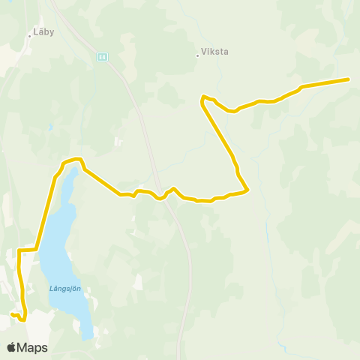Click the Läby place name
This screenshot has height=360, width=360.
click(x=43, y=33)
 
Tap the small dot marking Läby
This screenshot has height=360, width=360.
click(x=29, y=34)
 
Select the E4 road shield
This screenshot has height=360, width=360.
click(x=100, y=56)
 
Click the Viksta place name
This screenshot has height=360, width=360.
click(x=214, y=53)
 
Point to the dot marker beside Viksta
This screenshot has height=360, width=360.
click(x=198, y=54)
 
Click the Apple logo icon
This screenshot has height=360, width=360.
click(x=12, y=347)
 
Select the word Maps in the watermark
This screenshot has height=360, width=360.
click(x=32, y=347)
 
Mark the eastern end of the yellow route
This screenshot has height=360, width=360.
click(x=349, y=79)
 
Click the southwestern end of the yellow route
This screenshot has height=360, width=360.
click(x=12, y=314)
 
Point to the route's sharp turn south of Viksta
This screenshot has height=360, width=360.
click(x=202, y=98)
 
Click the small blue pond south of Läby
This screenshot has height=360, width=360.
click(x=50, y=127)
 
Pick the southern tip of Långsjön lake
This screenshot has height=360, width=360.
click(x=88, y=336)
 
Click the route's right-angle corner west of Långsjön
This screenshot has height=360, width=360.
click(x=19, y=250)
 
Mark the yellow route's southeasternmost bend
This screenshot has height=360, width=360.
click(x=247, y=190)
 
